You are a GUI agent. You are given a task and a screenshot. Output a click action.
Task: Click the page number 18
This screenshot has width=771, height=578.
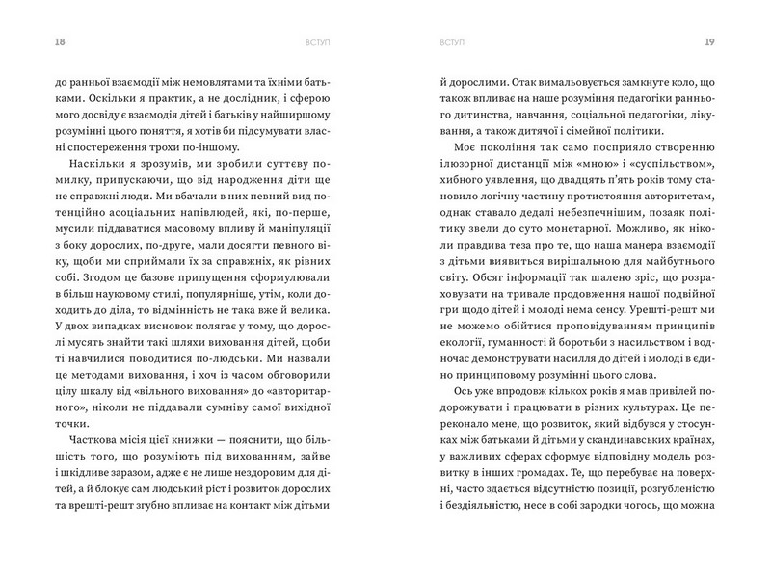click(36, 41)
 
